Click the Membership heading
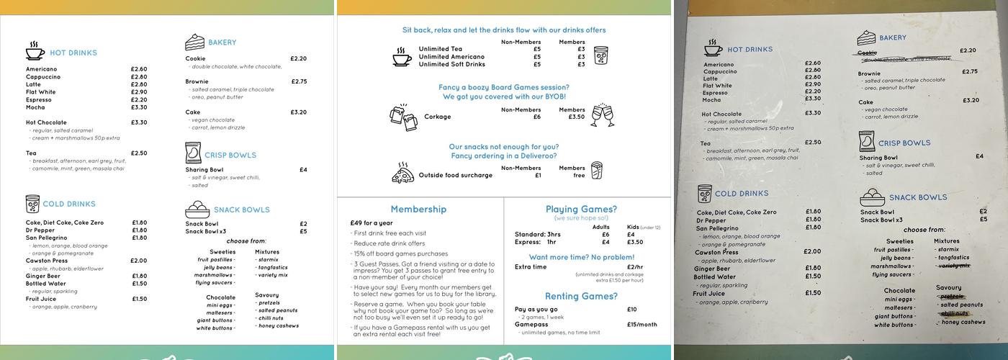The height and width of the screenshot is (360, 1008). click(418, 210)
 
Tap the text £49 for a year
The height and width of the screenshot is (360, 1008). click(372, 223)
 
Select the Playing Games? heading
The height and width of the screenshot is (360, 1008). click(581, 210)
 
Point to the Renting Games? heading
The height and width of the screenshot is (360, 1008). click(581, 297)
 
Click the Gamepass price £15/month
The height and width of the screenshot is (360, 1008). click(642, 325)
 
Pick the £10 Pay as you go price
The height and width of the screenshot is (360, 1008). click(631, 310)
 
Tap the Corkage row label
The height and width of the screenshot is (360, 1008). click(437, 117)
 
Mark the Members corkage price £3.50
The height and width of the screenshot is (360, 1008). click(576, 117)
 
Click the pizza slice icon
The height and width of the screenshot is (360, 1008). click(402, 172)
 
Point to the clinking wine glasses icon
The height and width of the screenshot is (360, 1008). click(602, 114)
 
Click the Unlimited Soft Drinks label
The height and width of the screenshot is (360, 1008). click(451, 65)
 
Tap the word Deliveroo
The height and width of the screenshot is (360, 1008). click(536, 156)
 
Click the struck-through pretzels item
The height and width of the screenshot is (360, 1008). click(952, 297)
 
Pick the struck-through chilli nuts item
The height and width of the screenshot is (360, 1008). click(954, 314)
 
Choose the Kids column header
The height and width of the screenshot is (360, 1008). click(632, 228)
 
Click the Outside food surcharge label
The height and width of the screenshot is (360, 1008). click(455, 176)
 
